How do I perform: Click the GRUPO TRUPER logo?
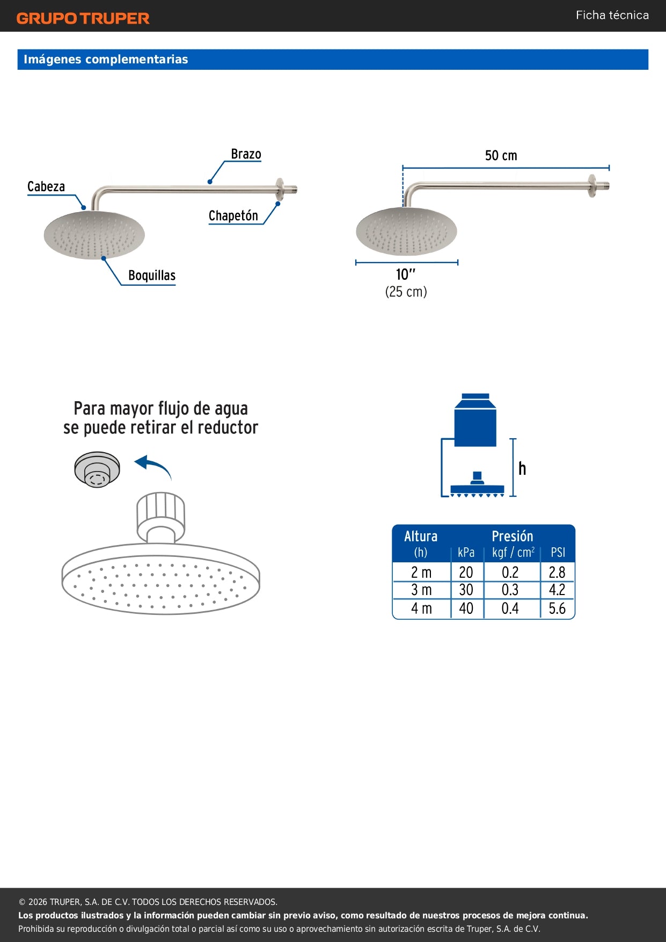83,18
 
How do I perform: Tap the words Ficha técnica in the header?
612,15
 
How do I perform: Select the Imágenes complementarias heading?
106,59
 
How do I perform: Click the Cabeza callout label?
46,186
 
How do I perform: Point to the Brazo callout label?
246,154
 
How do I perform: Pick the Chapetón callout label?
233,215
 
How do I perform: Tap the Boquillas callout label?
152,276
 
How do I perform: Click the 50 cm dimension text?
501,155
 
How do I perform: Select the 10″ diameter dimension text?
406,274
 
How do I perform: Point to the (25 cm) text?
406,292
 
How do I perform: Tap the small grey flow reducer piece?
97,469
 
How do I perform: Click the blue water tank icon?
475,420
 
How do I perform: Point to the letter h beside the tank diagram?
522,468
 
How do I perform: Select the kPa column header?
466,553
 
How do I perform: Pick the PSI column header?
558,553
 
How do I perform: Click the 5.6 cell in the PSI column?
557,608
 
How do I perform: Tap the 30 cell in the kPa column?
466,590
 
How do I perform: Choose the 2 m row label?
421,573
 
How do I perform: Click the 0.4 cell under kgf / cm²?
510,608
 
